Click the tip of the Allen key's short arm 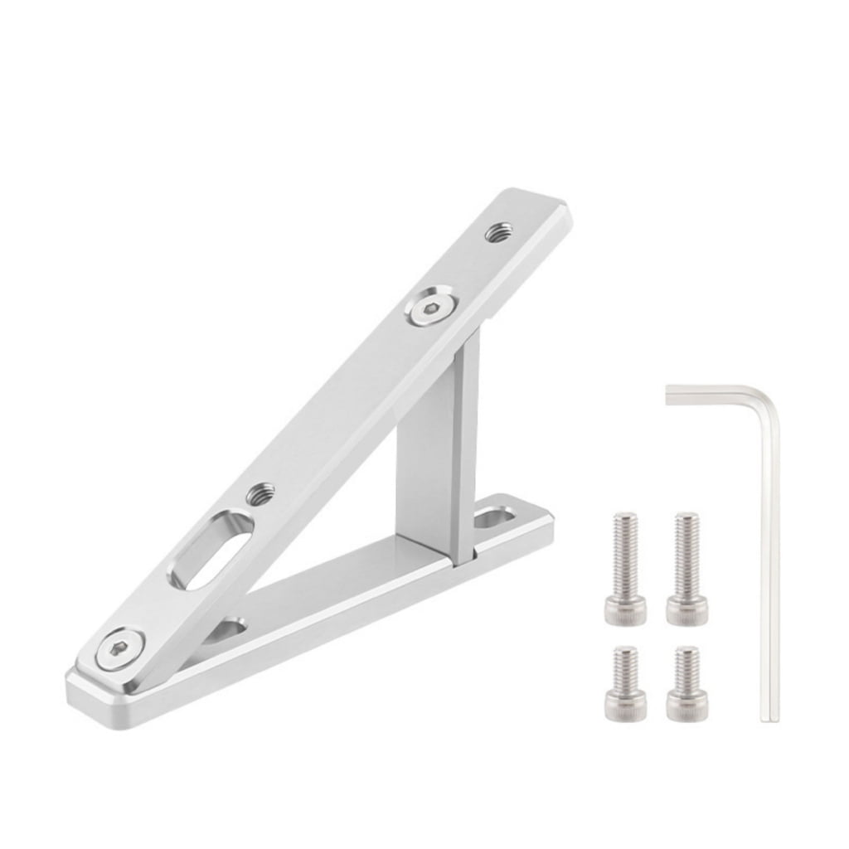pyautogui.click(x=670, y=395)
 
